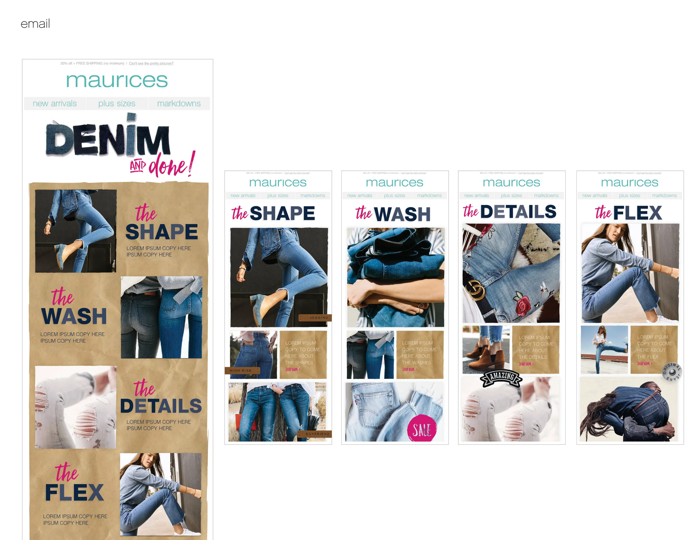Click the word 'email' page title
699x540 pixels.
tap(35, 24)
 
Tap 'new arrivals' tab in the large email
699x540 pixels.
tap(55, 103)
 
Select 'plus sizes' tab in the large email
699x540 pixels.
tap(117, 103)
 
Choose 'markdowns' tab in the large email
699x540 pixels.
tap(179, 103)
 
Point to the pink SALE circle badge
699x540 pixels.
tap(422, 429)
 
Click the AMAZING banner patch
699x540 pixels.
tap(501, 377)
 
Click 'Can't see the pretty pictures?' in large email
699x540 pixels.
tap(151, 63)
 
